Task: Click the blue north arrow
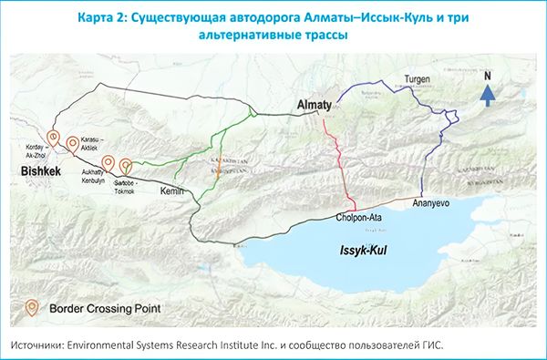[x=489, y=91]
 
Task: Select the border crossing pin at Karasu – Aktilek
[x=72, y=144]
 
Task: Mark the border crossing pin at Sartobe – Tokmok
[x=125, y=167]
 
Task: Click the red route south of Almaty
[x=339, y=155]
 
